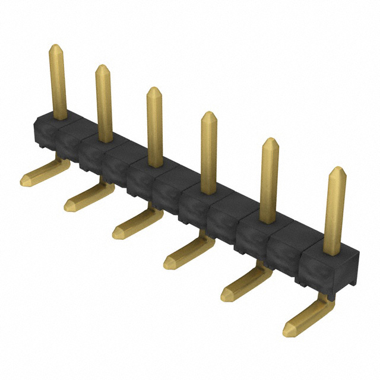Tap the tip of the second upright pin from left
[102, 67]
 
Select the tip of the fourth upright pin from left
[208, 114]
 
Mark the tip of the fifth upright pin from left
[270, 141]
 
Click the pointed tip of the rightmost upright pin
[337, 170]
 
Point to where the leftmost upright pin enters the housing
[59, 117]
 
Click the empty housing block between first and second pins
[71, 140]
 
